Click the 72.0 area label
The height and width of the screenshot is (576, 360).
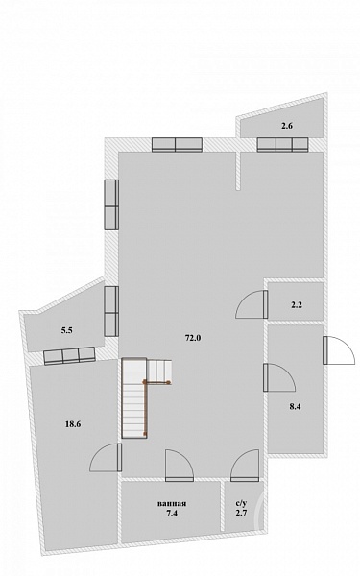pos(193,338)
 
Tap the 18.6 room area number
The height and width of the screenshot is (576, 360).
pos(73,424)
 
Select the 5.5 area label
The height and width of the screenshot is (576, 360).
pos(66,330)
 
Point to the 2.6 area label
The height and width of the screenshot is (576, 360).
pos(287,126)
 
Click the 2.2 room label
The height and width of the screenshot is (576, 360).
pos(297,304)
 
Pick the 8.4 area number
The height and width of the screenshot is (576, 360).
pos(295,406)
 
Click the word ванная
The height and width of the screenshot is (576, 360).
pos(172,504)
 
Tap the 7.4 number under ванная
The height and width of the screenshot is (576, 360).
pos(172,514)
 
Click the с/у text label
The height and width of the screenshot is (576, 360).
pos(241,504)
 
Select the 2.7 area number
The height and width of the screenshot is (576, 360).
pos(241,514)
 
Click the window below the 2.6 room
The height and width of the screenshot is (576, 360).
pos(282,145)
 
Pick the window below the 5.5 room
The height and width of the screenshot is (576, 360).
pos(69,356)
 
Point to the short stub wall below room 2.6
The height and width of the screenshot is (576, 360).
pos(238,171)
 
